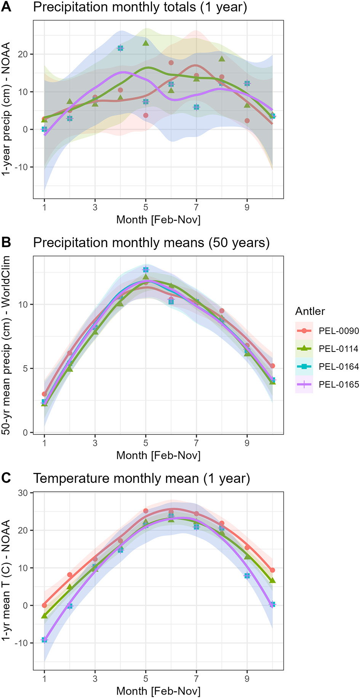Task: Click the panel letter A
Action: (6, 7)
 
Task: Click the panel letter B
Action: (6, 243)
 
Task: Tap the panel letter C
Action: (6, 478)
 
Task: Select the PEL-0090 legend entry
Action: (338, 331)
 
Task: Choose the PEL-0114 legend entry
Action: (338, 349)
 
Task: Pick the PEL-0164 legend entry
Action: (338, 367)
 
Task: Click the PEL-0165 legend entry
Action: (338, 385)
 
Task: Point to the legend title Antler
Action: (310, 311)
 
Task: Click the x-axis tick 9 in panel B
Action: (247, 443)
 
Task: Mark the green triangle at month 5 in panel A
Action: (146, 43)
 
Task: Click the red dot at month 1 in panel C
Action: (44, 605)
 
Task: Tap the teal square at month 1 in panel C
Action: (44, 640)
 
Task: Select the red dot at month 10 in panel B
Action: (272, 366)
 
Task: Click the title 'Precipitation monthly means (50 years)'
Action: (151, 243)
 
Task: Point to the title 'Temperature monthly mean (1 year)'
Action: (141, 478)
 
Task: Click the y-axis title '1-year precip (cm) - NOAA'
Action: (6, 109)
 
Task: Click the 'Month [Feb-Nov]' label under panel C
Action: (158, 691)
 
